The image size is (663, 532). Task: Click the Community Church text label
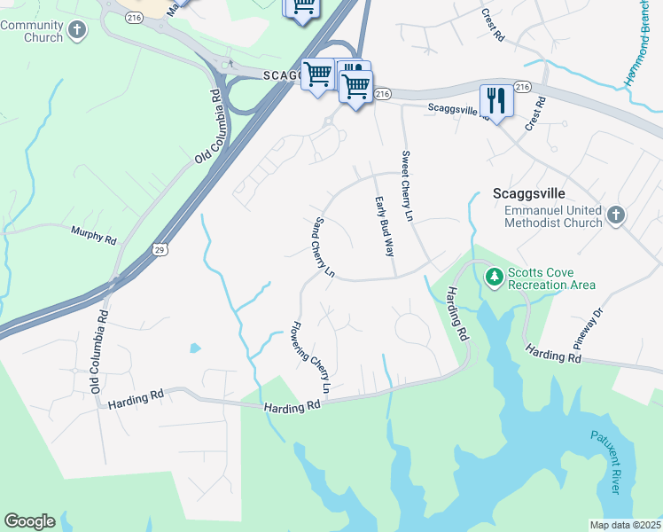coord(32,31)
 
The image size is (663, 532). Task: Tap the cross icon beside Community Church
coord(77,31)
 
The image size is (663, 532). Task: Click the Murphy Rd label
coord(93,235)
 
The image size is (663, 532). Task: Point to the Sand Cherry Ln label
coord(324,247)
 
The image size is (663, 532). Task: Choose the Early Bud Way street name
coord(384,226)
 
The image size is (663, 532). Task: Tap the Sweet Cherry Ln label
coord(408,187)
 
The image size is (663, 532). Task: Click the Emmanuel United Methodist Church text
coord(553,216)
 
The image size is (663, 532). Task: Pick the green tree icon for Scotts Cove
coord(495,278)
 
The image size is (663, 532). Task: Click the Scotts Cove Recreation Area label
coord(550,279)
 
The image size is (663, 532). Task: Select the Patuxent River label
coord(604,462)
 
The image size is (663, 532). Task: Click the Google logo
coord(29,521)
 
